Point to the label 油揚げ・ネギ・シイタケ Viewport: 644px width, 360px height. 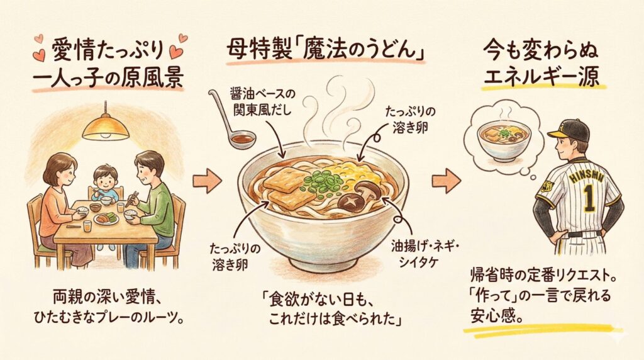(x=425, y=254)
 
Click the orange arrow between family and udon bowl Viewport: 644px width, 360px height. (x=207, y=181)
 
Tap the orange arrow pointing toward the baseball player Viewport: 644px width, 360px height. (x=446, y=181)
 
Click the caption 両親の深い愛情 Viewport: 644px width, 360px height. (x=106, y=296)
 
